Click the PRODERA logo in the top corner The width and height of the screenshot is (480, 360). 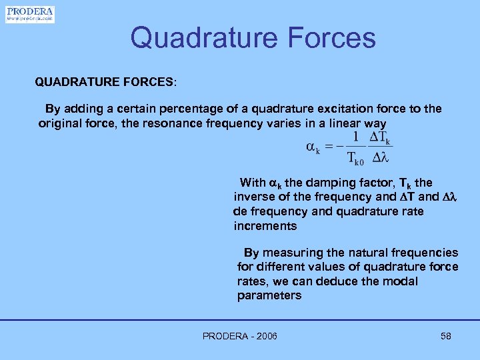(30, 14)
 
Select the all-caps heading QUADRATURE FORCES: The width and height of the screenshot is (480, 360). (106, 82)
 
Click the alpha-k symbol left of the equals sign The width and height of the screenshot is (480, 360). (313, 147)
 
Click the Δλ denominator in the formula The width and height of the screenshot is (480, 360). (380, 159)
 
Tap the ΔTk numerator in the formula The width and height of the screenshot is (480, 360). (380, 137)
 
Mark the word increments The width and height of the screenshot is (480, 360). (265, 226)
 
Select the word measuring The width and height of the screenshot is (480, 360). (291, 253)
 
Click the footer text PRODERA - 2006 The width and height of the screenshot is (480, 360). (240, 336)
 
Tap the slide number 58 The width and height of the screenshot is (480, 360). (446, 336)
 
